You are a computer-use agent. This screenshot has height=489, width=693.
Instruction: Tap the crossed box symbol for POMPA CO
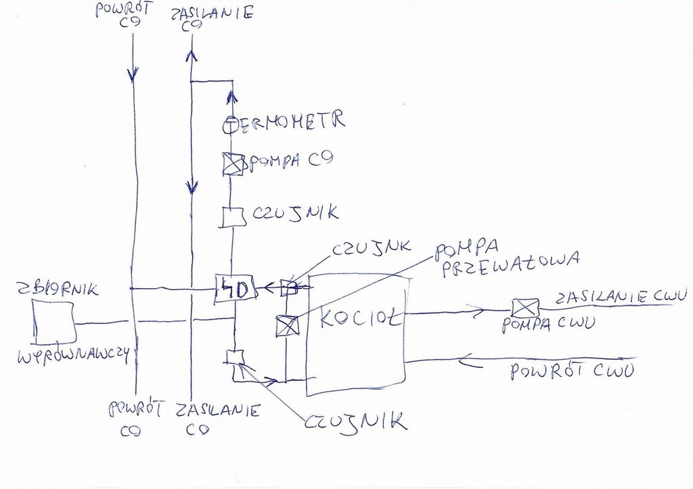[233, 164]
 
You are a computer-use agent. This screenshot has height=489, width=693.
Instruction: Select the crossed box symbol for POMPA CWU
[523, 308]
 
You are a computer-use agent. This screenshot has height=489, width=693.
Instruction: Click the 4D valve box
[235, 289]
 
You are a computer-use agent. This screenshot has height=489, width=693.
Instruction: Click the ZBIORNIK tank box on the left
[53, 322]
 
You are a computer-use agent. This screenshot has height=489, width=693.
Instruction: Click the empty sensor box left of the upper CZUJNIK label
[232, 216]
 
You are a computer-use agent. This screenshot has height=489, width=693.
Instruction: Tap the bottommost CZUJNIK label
[356, 423]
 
